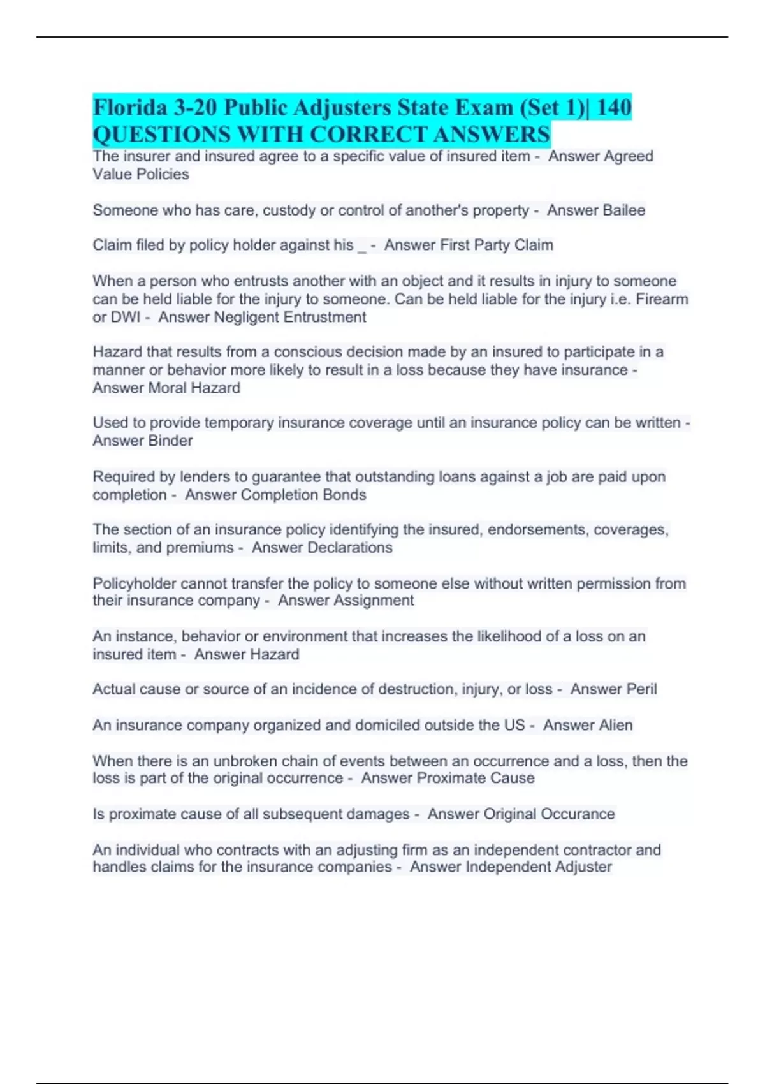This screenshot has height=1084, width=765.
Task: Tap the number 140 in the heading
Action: click(614, 107)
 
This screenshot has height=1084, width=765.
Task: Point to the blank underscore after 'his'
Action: click(362, 246)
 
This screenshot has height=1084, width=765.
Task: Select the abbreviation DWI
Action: click(126, 317)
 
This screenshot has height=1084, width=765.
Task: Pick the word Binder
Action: click(170, 441)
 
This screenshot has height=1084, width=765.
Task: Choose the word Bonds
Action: click(344, 495)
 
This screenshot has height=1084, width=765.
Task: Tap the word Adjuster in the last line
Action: click(583, 867)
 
